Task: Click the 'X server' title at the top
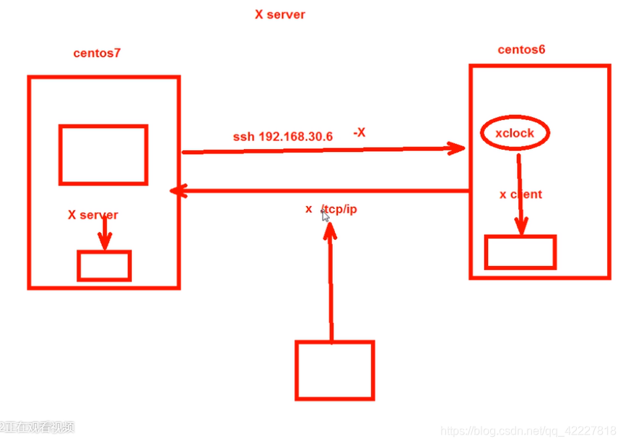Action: [279, 14]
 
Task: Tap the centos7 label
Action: [97, 54]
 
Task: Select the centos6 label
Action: [521, 50]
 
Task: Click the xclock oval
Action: [515, 133]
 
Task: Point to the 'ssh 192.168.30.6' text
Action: [282, 137]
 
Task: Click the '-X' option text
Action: [359, 133]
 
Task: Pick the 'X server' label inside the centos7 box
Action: [92, 215]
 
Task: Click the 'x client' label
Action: [520, 195]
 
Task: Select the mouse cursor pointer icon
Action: [326, 215]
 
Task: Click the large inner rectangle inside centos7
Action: [103, 155]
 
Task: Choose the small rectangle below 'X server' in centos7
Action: [104, 266]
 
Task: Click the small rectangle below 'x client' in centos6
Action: [520, 252]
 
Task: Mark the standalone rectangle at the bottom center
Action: [334, 370]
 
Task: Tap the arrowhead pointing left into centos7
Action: [175, 192]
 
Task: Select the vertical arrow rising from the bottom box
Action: [331, 282]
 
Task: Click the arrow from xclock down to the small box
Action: [519, 192]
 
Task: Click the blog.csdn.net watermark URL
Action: [530, 430]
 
